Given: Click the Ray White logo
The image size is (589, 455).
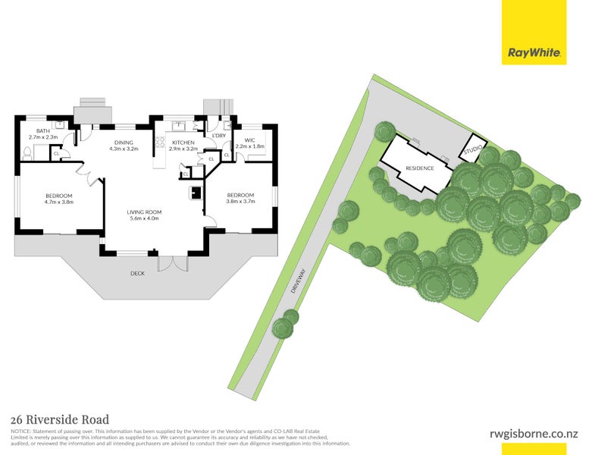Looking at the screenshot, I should (x=534, y=53).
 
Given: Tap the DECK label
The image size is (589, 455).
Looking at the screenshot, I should (x=137, y=273).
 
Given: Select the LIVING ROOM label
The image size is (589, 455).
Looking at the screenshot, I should (x=144, y=212).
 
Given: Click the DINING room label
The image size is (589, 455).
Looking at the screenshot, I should (x=124, y=143).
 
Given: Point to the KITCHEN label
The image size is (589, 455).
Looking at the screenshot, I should (x=183, y=143).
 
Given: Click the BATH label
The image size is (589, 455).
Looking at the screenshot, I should (x=42, y=130).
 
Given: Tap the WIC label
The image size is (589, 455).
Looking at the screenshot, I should (x=249, y=140).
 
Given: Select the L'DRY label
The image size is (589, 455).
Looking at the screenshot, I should (x=218, y=136).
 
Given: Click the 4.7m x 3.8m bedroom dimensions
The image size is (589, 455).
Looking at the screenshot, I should (x=58, y=202).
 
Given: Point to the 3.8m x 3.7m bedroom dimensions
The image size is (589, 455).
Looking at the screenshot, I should (x=241, y=202).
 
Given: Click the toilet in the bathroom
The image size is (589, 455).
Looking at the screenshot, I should (x=27, y=152).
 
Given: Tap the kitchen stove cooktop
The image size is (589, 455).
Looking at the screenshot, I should (x=160, y=141).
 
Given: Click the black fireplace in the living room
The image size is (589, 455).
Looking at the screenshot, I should (x=196, y=192).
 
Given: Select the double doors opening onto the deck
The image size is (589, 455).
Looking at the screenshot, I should (x=172, y=262).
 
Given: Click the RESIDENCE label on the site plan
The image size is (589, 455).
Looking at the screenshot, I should (x=419, y=168).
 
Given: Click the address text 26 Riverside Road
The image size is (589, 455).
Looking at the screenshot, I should (x=60, y=419).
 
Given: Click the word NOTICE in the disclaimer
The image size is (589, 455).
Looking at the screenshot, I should (x=20, y=431).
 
